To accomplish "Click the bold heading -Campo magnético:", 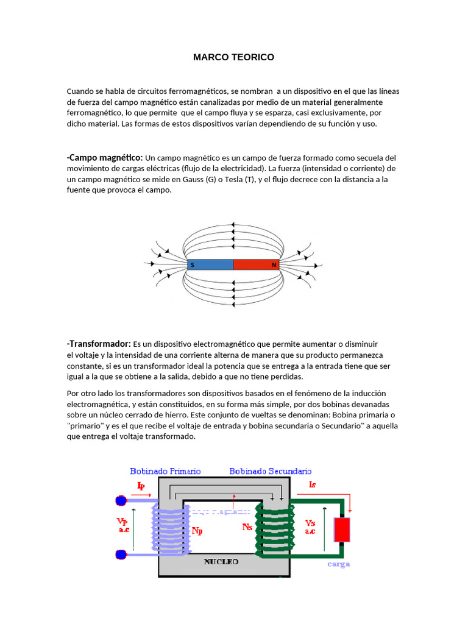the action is tap(105, 158).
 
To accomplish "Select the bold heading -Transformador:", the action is tap(99, 344).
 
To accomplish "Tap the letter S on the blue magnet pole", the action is tap(193, 265).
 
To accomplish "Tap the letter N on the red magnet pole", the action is tap(274, 265).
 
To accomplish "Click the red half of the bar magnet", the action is tap(256, 265).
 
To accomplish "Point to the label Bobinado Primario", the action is tap(165, 471).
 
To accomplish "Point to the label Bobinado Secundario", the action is tap(270, 471).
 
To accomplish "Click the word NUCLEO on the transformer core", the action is tap(221, 561).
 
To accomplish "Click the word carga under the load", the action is tap(339, 564).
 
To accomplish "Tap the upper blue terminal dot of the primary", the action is tap(121, 501).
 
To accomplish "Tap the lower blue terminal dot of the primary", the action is tap(121, 555).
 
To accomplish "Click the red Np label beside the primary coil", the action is tap(197, 531).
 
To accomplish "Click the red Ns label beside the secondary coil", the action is tap(247, 527).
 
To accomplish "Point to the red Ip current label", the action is tap(141, 486).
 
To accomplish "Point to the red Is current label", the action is tap(313, 485).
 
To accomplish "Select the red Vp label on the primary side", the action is tap(122, 522).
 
